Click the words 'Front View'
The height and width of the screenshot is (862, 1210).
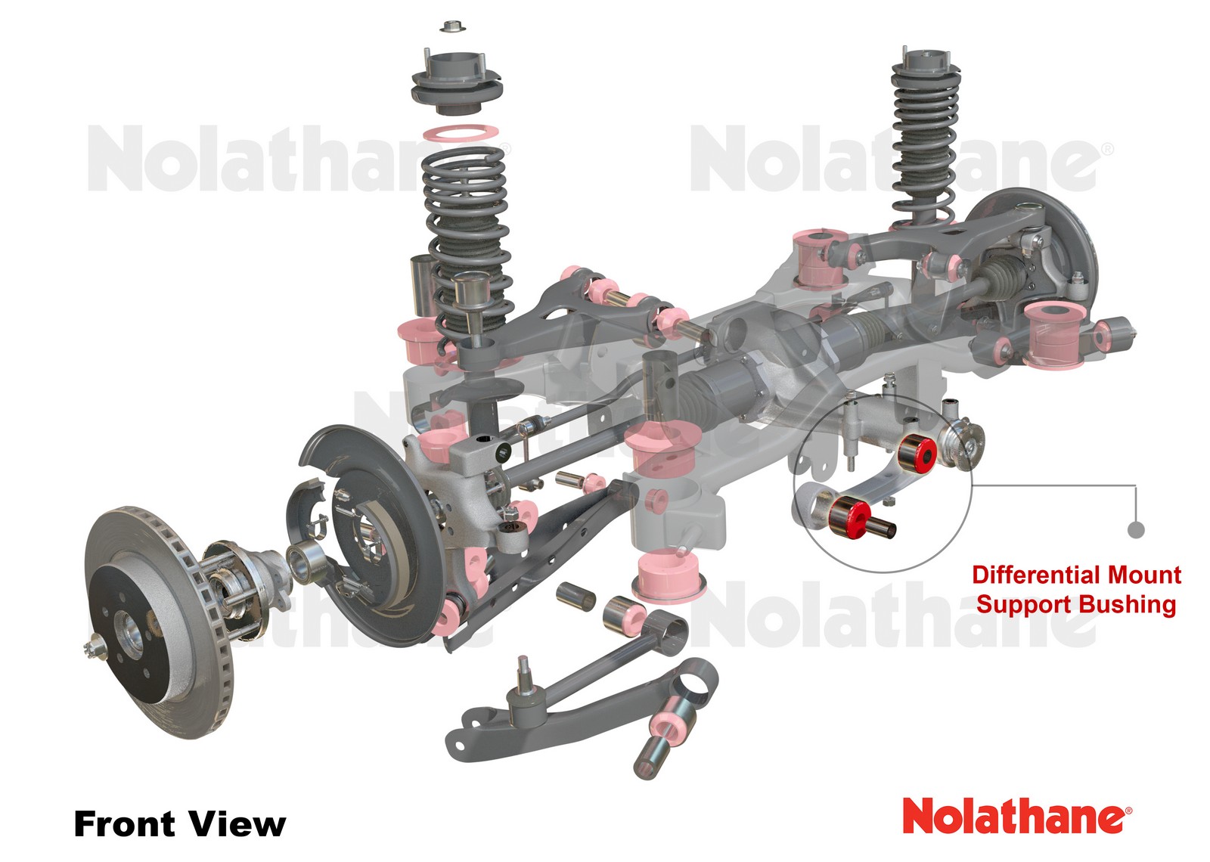(179, 823)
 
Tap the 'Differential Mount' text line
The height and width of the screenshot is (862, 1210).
(1075, 575)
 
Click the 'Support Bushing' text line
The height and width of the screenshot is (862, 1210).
(1075, 604)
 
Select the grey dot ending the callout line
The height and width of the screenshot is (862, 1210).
(1135, 530)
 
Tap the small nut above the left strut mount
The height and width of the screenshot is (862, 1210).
(452, 27)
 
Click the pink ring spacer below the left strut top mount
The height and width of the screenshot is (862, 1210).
(460, 134)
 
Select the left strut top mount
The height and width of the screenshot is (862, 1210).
(456, 83)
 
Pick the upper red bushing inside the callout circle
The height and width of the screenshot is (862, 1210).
(917, 451)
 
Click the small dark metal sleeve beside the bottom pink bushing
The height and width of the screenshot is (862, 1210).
(576, 595)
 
